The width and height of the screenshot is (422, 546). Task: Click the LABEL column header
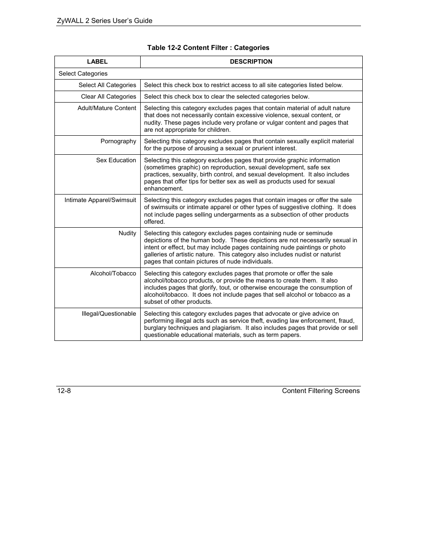(x=97, y=62)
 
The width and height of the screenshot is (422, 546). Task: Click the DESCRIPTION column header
(x=251, y=62)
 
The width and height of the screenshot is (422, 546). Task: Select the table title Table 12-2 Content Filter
(x=208, y=48)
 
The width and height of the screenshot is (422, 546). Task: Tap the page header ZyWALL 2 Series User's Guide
(x=104, y=21)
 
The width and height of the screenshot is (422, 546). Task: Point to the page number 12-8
(x=64, y=391)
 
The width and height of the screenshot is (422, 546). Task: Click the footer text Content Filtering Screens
(x=321, y=391)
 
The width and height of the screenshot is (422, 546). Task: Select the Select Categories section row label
(x=83, y=74)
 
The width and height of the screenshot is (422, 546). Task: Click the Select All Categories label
(x=107, y=85)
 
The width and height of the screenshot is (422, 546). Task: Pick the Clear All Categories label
(x=108, y=97)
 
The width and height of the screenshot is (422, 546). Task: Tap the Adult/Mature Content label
(x=107, y=108)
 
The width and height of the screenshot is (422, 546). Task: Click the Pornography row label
(x=118, y=141)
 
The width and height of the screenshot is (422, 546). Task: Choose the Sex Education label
(x=116, y=160)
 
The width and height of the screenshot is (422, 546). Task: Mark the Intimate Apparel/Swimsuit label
(x=100, y=200)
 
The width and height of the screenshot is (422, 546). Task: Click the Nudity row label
(x=127, y=233)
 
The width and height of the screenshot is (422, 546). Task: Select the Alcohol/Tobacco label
(x=113, y=274)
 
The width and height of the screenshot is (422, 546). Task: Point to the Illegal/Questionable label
(x=109, y=314)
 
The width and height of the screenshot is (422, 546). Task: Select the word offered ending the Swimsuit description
(x=153, y=222)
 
